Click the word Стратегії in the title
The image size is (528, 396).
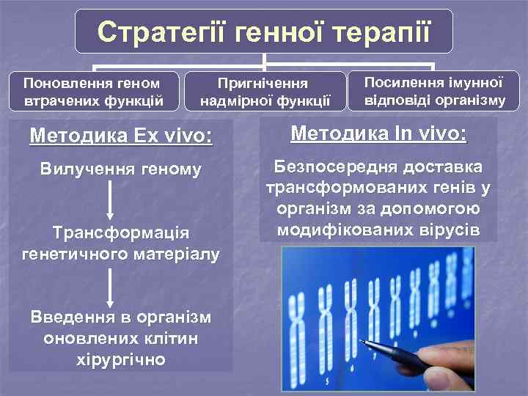(x=155, y=32)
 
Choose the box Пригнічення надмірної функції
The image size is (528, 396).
(x=265, y=92)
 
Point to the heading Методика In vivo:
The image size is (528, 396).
(x=378, y=133)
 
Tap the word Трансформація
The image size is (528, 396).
(x=121, y=232)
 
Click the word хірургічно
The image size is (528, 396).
(x=121, y=359)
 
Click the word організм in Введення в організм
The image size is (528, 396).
(x=171, y=318)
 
